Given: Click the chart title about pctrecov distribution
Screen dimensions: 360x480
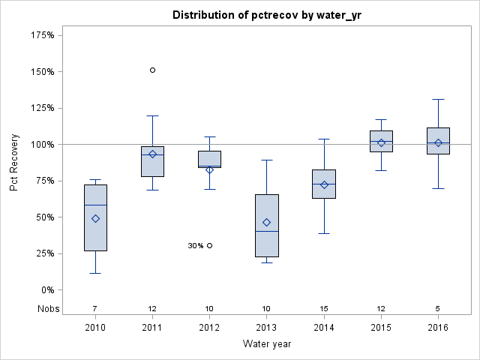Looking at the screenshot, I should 267,15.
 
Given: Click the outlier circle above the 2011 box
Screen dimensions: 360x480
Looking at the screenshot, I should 152,70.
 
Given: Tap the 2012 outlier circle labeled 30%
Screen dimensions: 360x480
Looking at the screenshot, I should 209,245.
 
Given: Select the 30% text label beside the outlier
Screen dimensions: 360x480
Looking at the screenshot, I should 195,245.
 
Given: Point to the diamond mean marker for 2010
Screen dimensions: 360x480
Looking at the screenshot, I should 95,218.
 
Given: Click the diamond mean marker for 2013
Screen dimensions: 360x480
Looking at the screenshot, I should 266,222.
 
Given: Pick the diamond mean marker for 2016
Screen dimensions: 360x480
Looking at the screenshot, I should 438,142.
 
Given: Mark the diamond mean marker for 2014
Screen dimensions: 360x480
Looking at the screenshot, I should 324,184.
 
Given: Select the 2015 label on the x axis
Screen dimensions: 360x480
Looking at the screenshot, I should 381,328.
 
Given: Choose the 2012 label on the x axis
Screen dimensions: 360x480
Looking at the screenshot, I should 209,328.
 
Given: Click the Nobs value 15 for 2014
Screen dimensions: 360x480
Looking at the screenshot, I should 324,308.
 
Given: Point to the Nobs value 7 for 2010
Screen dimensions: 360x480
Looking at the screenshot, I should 95,308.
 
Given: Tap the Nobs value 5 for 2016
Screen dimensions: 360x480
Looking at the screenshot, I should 438,308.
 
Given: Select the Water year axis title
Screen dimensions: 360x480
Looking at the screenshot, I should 267,344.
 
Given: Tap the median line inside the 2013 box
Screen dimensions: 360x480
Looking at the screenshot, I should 266,231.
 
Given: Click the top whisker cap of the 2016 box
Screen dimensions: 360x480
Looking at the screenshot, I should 438,99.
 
